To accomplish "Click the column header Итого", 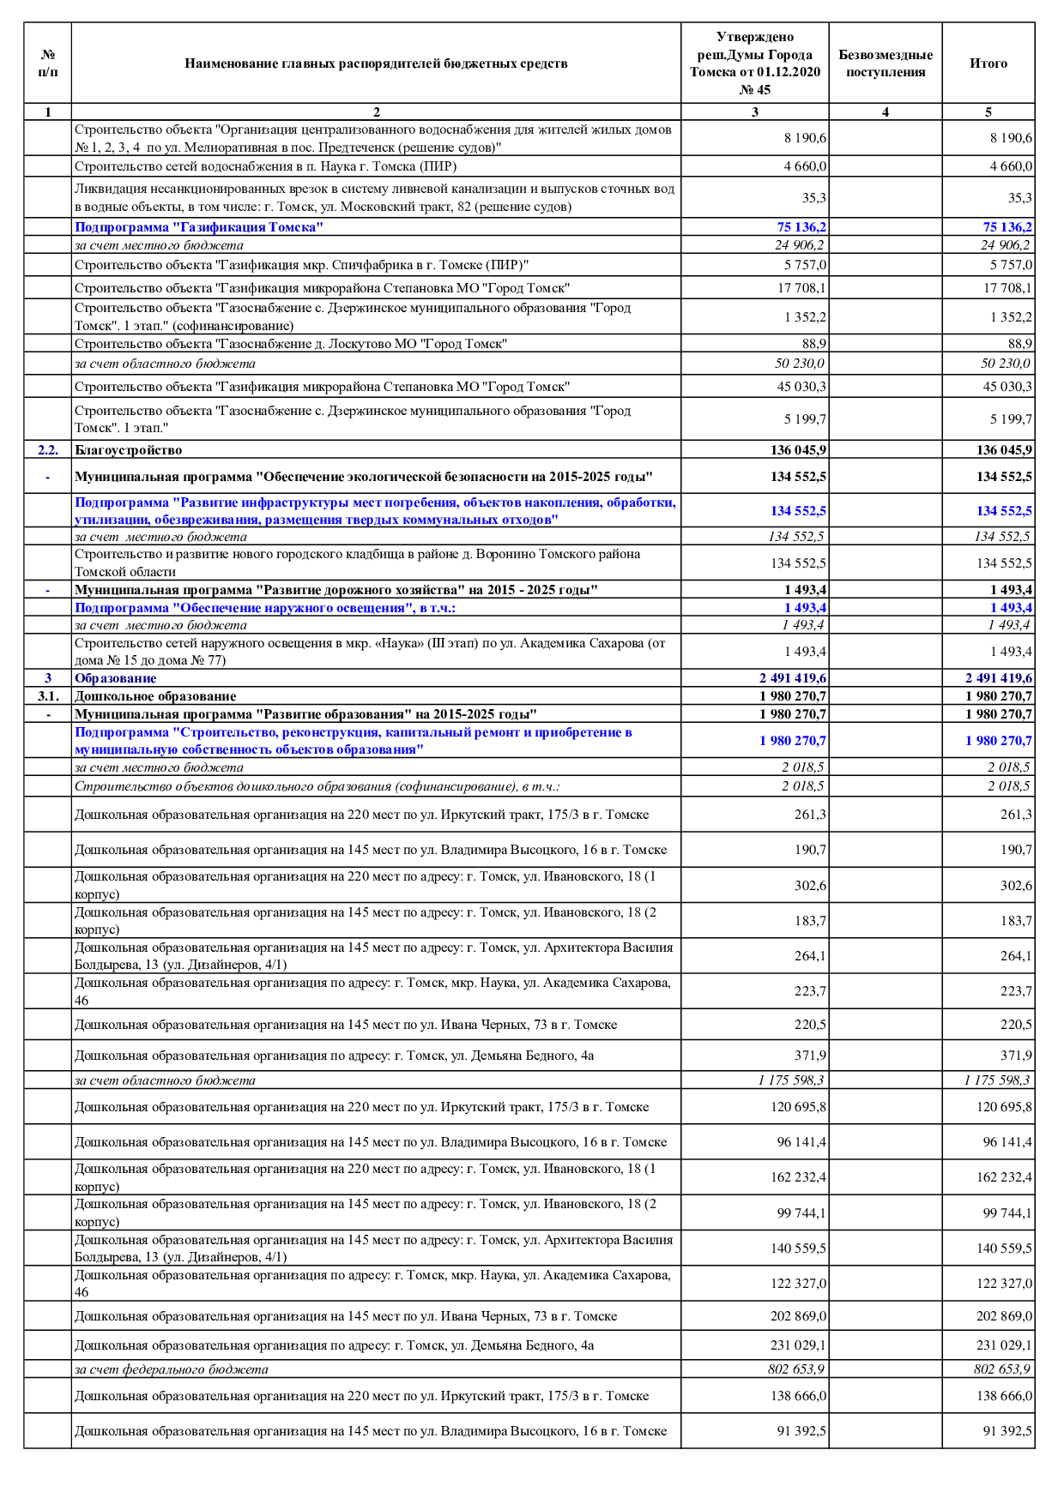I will (x=988, y=63).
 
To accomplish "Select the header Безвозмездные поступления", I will (x=885, y=63).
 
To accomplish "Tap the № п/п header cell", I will (x=48, y=63).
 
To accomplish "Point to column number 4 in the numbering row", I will (x=885, y=111).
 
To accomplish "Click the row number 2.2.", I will (x=48, y=450).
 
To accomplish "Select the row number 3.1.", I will (x=48, y=696).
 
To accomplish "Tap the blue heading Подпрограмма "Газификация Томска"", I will (x=199, y=227).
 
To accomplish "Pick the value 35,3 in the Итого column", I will (x=1019, y=198).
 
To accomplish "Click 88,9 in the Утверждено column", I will (x=813, y=344).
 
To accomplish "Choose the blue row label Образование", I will (x=116, y=678).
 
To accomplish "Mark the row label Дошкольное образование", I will (x=155, y=696).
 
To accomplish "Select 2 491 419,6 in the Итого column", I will (x=999, y=678).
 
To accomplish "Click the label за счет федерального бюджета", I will (x=172, y=1369).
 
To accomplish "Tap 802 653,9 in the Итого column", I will (x=1002, y=1369).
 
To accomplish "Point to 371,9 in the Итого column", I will (x=1016, y=1056).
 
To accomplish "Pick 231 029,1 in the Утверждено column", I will (x=798, y=1345).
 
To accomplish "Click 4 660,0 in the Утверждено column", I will (x=805, y=166).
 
